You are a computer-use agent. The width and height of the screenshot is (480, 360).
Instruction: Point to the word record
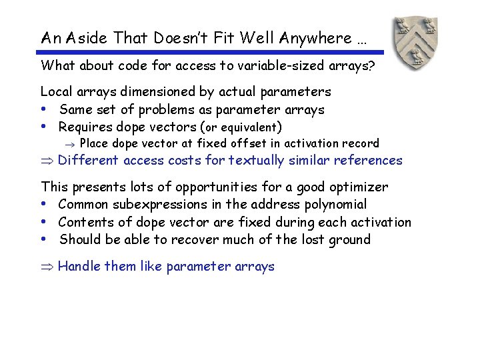(360, 143)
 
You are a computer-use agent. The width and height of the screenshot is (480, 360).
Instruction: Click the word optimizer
(361, 187)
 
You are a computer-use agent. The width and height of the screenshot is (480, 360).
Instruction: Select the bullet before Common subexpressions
(44, 205)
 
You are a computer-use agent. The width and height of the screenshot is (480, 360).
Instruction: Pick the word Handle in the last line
(79, 267)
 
